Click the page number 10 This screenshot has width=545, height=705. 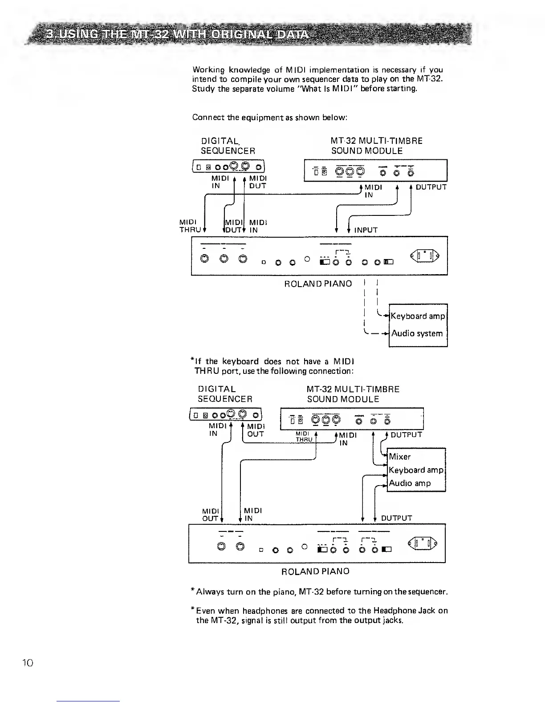point(28,663)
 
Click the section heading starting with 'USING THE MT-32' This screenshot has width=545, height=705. point(178,34)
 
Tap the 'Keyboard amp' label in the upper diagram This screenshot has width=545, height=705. point(418,316)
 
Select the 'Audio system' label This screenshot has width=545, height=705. point(417,333)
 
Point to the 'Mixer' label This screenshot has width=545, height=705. point(399,457)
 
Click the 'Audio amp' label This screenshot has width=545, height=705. point(410,483)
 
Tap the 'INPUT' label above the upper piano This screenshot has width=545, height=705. point(366,230)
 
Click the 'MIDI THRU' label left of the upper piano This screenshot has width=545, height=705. point(188,226)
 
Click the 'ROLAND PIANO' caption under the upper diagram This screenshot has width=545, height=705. point(318,284)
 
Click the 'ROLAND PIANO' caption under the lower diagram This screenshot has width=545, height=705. point(315,571)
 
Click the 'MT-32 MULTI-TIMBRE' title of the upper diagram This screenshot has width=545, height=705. point(377,141)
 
